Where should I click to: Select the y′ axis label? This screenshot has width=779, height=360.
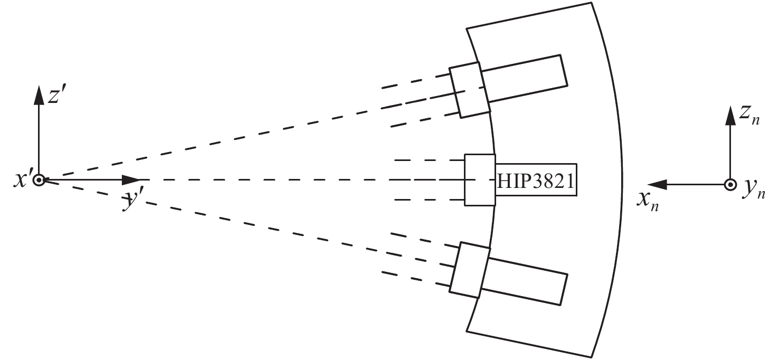tap(132, 201)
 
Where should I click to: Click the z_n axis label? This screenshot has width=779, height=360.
tap(749, 117)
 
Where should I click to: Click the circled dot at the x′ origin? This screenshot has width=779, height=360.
tap(39, 180)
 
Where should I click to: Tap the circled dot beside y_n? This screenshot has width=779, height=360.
tap(730, 185)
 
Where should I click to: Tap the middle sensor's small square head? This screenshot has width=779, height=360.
tap(480, 180)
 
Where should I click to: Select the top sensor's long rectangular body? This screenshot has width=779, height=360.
tap(525, 78)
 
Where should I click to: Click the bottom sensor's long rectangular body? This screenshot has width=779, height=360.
tap(525, 281)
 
